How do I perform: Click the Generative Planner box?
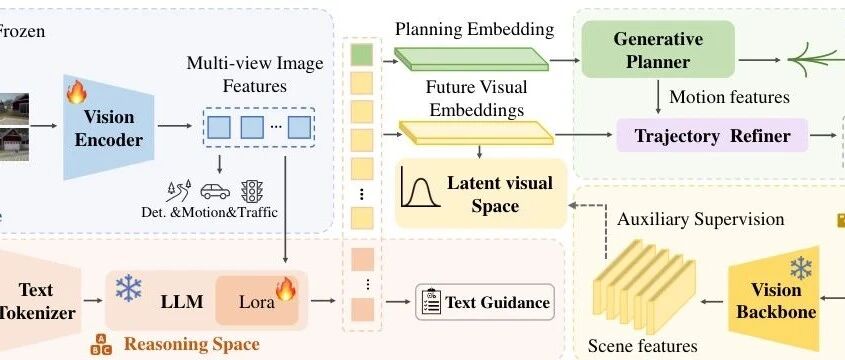point(658,50)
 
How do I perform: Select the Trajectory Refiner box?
point(712,135)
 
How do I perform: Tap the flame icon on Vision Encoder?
point(76,92)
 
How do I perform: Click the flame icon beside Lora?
point(286,289)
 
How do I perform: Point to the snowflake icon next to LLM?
point(129,288)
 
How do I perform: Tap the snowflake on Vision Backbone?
point(801,268)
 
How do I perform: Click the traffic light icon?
point(251,191)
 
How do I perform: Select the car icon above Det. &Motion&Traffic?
point(215,191)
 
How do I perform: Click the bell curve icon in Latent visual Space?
point(420,187)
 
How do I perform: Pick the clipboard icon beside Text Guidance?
point(431,302)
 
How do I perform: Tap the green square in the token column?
point(362,54)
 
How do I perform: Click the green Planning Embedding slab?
point(472,59)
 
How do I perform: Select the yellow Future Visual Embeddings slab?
point(476,133)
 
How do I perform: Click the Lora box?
point(257,301)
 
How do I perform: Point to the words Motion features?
point(729,97)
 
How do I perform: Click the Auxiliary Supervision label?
point(701,219)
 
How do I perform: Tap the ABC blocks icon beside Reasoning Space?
point(101,344)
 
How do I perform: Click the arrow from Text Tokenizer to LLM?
point(93,300)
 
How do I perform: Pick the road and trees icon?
point(178,191)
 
